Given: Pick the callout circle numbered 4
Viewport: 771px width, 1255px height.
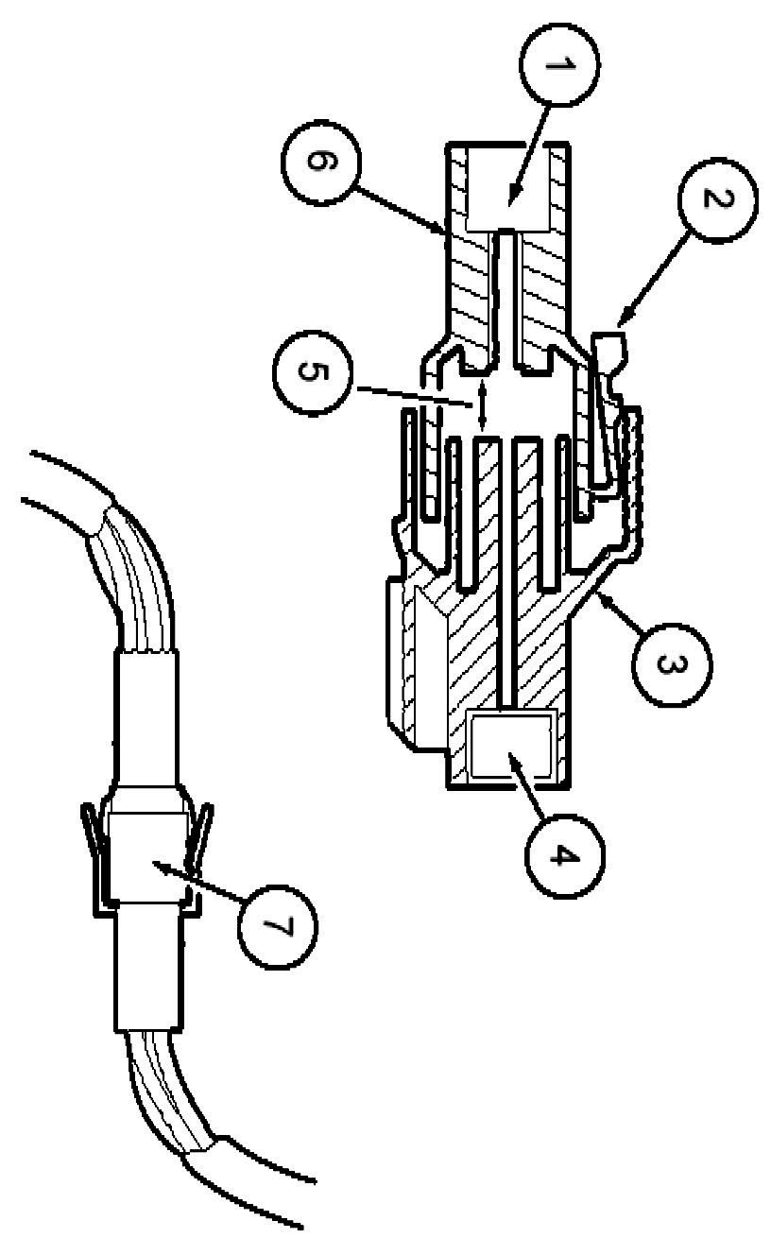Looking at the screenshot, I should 558,855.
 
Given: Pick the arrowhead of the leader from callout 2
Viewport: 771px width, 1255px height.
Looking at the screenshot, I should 620,322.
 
